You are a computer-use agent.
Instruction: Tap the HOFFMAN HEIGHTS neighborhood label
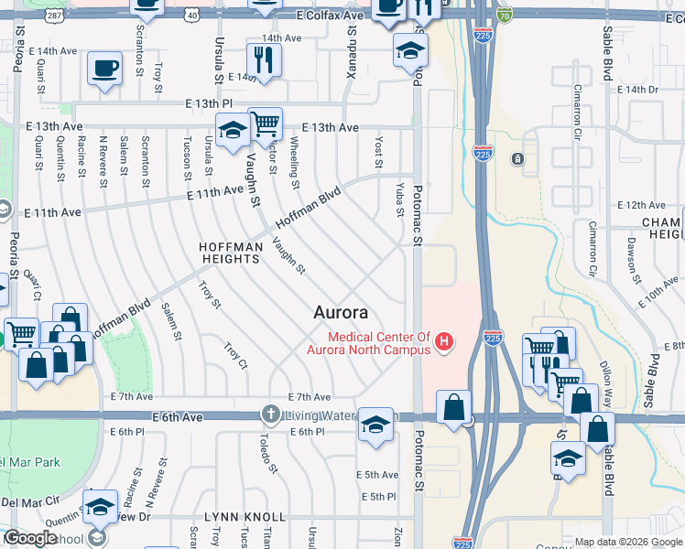coord(232,253)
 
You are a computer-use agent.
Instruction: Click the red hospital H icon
coord(444,343)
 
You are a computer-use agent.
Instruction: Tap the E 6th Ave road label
coord(177,416)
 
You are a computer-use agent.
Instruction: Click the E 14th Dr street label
coord(638,90)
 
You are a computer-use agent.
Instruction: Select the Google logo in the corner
coord(31,538)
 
